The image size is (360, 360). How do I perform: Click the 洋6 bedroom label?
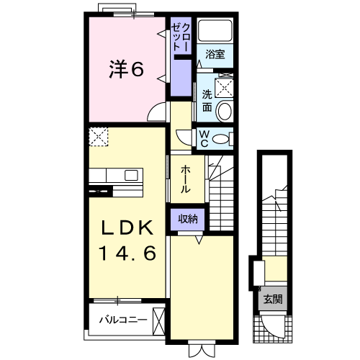point(127,69)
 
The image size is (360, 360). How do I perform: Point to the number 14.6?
point(127,253)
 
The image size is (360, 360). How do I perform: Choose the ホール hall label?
point(185,179)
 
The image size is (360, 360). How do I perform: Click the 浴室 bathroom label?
point(215,54)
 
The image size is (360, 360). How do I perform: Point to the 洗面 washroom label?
point(207,101)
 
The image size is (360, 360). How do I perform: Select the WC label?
point(204,138)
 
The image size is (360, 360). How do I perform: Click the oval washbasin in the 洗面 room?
point(224,111)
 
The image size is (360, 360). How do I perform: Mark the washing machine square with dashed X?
point(225,87)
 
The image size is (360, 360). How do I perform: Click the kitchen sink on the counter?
point(132,176)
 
